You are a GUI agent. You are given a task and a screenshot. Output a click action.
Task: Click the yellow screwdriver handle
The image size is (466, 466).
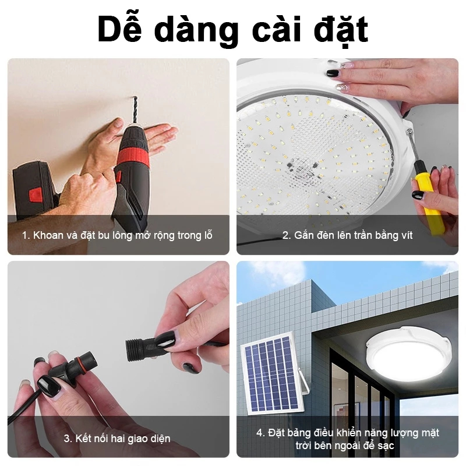[x=428, y=202]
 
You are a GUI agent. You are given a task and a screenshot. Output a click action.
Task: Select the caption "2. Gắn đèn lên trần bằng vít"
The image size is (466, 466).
[x=347, y=235]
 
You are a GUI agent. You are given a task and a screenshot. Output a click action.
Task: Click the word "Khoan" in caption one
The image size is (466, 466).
[x=48, y=235]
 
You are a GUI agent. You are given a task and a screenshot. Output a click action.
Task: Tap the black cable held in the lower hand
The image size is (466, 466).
[x=24, y=407]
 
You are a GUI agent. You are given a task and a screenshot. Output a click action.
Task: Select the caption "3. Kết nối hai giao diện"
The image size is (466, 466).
[x=117, y=439]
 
